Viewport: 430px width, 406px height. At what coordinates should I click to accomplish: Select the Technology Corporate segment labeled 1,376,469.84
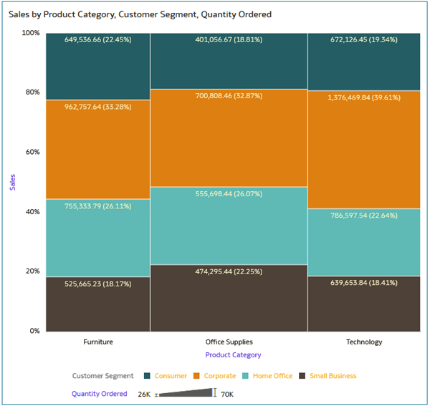pyautogui.click(x=364, y=150)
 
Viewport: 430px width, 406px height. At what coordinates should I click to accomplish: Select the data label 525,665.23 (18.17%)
pyautogui.click(x=98, y=284)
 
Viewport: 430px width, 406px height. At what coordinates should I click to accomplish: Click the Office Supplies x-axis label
pyautogui.click(x=229, y=342)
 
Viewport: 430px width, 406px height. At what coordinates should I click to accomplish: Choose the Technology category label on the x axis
pyautogui.click(x=364, y=342)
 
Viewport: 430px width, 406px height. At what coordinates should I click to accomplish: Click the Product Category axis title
pyautogui.click(x=233, y=355)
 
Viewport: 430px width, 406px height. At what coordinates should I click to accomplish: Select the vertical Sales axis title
pyautogui.click(x=11, y=182)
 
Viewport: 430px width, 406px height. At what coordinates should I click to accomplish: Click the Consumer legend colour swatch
pyautogui.click(x=147, y=376)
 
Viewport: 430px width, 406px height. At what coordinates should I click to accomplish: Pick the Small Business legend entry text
pyautogui.click(x=333, y=376)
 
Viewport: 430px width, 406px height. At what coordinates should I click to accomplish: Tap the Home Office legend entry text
pyautogui.click(x=273, y=376)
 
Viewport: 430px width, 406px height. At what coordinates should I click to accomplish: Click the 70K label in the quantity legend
pyautogui.click(x=228, y=395)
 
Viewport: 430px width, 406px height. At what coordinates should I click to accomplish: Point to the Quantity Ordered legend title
pyautogui.click(x=99, y=394)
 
